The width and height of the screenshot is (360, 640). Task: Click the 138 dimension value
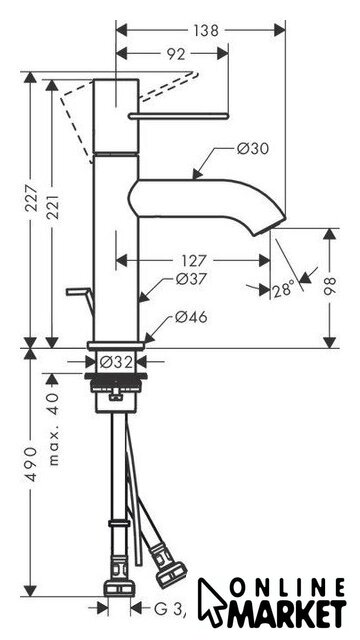pos(206,31)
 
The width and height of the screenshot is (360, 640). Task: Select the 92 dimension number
pos(176,53)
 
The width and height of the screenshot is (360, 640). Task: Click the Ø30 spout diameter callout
pos(253,148)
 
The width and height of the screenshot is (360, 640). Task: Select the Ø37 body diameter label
pos(191,279)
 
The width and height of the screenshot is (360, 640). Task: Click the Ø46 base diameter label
pos(191,317)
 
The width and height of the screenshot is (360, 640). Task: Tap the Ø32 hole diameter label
pos(117,362)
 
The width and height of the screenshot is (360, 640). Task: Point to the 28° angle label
pos(284,289)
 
